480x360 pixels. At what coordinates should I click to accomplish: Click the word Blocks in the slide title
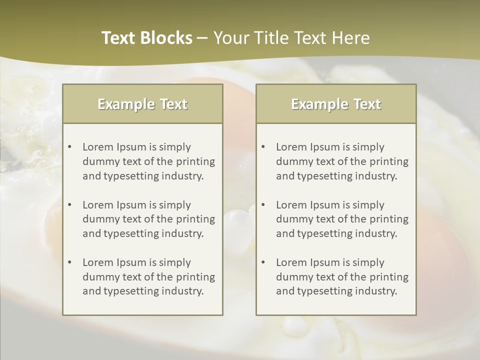166,38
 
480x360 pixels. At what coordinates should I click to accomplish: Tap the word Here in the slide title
352,38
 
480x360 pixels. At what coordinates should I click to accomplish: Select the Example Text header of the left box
142,104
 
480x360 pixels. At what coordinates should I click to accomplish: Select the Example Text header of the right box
336,104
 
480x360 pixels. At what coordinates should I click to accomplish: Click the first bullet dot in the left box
69,147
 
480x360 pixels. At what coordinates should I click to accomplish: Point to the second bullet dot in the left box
69,205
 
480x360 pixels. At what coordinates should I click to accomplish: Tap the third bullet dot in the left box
69,262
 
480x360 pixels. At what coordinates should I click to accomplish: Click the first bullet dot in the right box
263,147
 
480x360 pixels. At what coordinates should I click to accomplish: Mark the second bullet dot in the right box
263,205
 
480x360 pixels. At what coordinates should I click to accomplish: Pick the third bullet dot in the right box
263,262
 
